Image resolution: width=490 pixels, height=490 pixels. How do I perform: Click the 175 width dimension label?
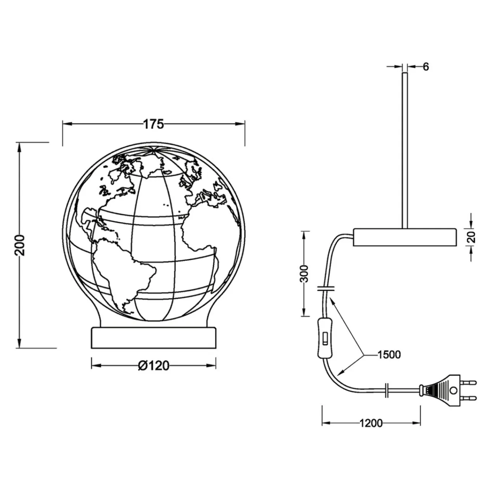(x=154, y=124)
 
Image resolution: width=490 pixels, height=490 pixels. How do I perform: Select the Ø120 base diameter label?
(x=154, y=366)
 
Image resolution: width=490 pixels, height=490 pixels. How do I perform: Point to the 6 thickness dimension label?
(x=426, y=67)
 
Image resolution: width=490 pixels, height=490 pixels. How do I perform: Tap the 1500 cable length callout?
(x=389, y=355)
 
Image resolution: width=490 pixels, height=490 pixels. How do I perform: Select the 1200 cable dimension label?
(x=371, y=423)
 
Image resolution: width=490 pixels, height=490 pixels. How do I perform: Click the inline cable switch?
(x=325, y=338)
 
